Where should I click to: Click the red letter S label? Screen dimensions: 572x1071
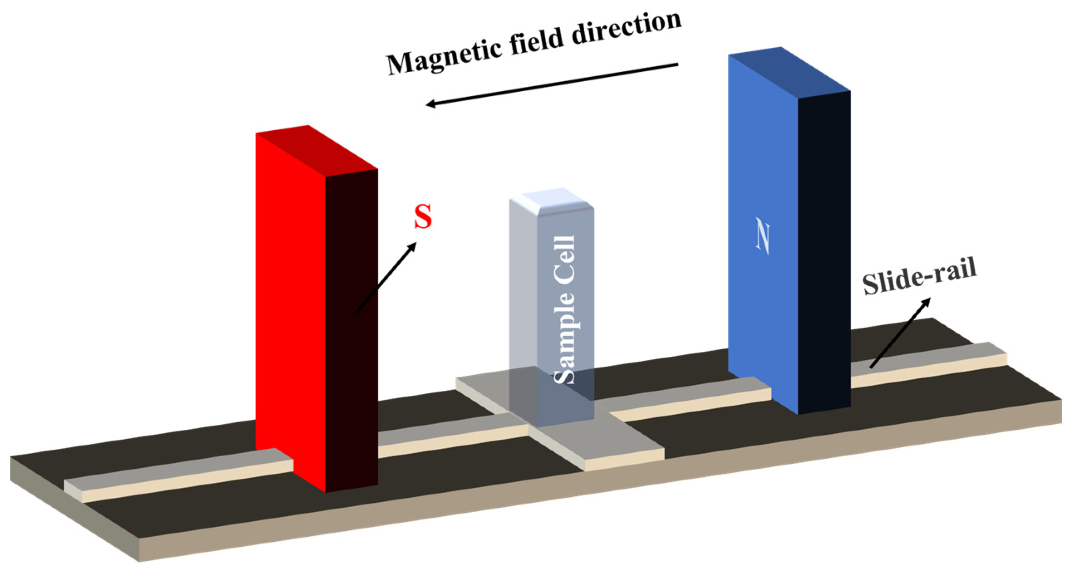coord(423,217)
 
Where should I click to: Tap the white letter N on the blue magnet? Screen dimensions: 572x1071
coord(762,239)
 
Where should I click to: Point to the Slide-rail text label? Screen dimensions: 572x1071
coord(919,277)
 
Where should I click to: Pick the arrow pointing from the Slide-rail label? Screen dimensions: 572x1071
coord(901,332)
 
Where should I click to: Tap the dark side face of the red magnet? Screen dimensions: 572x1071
coord(352,332)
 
